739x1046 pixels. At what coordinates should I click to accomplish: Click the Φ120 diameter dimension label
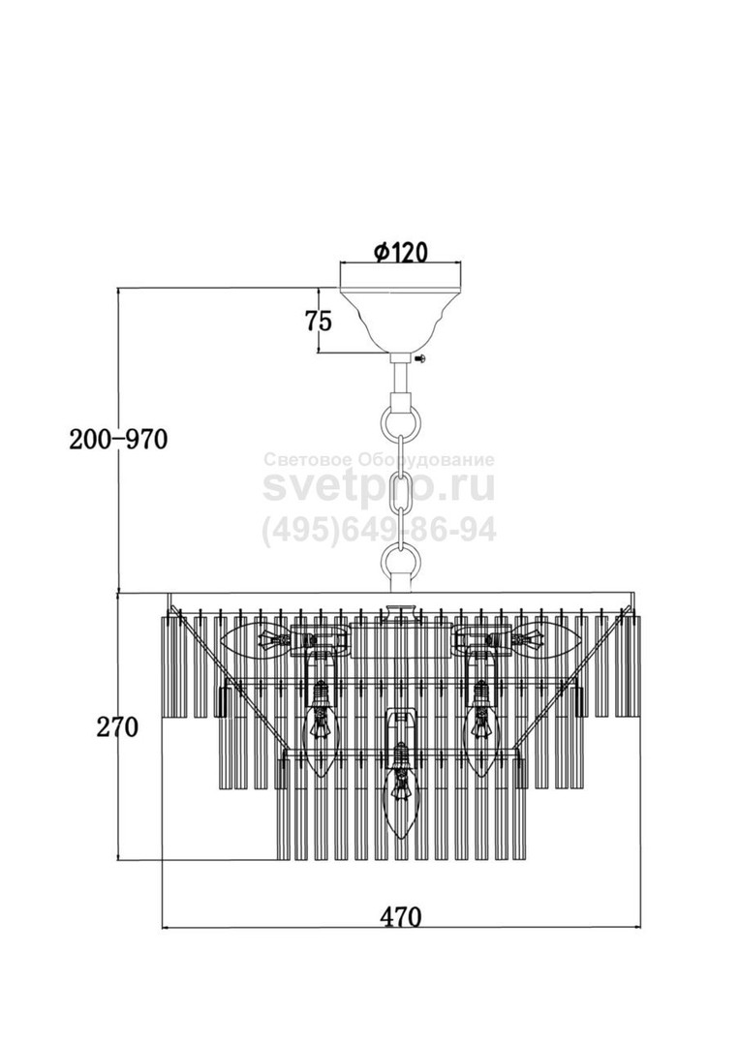(400, 252)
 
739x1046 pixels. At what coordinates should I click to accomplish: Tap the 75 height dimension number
(318, 322)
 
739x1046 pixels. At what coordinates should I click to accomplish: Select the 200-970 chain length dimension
(118, 440)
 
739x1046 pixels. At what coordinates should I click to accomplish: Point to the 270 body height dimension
(117, 727)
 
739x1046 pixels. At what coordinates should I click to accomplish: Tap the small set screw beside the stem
(420, 359)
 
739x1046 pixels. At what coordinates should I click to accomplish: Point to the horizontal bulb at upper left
(256, 638)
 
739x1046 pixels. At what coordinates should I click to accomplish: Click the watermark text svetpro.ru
(379, 487)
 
